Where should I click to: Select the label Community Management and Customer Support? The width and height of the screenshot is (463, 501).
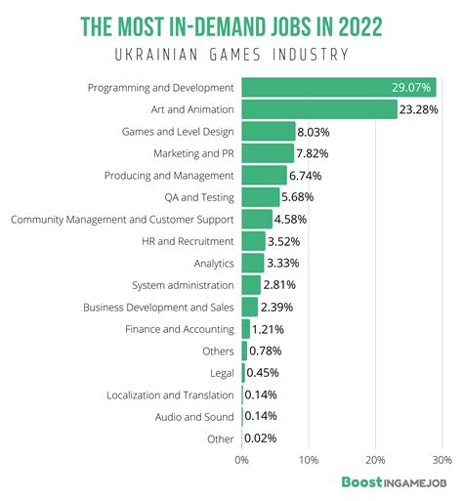coord(122,219)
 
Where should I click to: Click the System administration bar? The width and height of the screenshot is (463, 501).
coord(251,285)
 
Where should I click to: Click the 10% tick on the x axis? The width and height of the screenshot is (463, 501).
coord(308,458)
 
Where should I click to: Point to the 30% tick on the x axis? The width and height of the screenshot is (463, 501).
coord(441,458)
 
